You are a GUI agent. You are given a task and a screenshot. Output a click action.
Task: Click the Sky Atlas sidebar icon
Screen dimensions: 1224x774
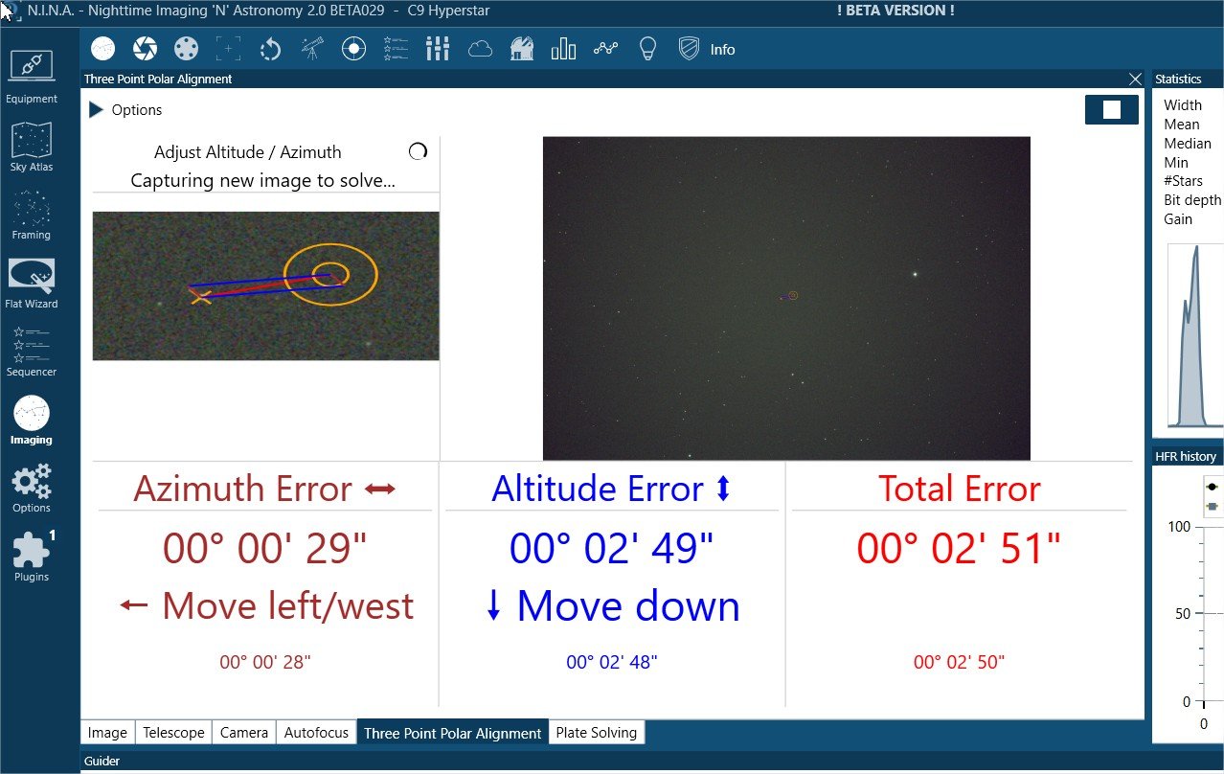click(x=32, y=146)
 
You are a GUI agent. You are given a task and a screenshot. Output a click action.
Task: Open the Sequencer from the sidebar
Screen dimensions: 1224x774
click(x=32, y=351)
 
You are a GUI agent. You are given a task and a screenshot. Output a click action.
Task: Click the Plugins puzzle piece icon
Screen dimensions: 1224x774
click(x=31, y=549)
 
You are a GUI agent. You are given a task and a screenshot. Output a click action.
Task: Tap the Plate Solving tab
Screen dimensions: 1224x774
click(x=596, y=733)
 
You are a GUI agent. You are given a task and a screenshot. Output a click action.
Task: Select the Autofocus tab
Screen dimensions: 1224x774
click(x=316, y=733)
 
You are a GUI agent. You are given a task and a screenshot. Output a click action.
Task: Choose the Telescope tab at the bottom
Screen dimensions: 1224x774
click(x=173, y=733)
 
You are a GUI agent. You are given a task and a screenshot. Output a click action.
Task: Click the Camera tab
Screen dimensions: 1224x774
click(x=243, y=733)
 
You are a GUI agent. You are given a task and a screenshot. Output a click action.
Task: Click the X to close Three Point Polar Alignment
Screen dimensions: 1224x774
click(x=1135, y=80)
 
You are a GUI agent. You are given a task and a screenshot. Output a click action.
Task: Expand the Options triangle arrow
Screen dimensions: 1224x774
click(x=96, y=110)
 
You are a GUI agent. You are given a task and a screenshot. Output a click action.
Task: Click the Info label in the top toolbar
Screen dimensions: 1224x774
click(x=722, y=50)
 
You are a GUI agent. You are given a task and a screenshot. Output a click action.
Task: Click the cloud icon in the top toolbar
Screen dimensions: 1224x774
click(x=480, y=49)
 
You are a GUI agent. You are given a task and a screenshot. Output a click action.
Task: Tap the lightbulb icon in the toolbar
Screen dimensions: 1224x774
click(x=647, y=49)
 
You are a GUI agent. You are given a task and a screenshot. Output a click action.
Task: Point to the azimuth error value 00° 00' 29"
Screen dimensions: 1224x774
click(x=264, y=548)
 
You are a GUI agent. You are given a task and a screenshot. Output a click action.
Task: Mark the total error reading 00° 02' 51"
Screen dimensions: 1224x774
click(x=959, y=548)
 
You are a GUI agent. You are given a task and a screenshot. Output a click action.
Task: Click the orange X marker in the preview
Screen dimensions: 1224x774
click(x=200, y=297)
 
